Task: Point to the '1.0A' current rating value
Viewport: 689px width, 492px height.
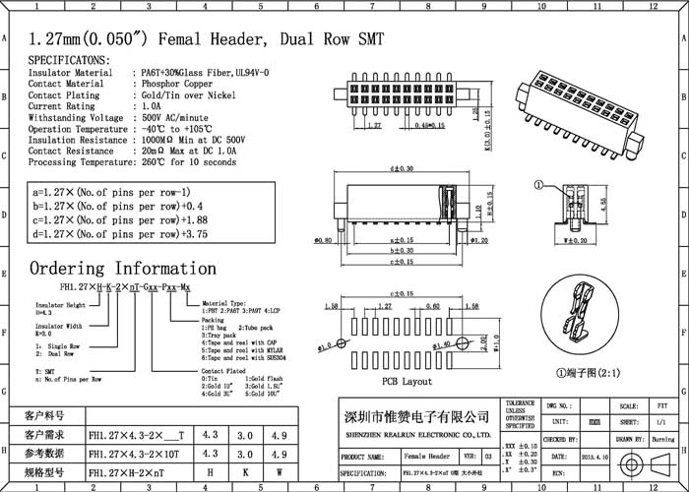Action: [150, 106]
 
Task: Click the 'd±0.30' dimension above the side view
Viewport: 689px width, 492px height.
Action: [401, 171]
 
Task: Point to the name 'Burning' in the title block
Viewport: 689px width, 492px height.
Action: [659, 440]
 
